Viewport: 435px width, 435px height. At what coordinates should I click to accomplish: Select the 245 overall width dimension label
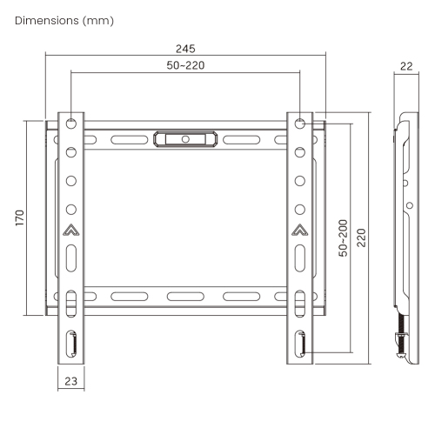(184, 49)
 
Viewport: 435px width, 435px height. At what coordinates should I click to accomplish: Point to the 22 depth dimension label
(407, 65)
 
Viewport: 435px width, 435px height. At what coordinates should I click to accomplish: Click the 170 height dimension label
(19, 217)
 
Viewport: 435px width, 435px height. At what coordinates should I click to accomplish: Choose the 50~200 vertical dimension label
(344, 238)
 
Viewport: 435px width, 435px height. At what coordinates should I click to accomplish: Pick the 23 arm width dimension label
(71, 380)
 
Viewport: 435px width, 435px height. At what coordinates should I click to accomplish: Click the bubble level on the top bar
(184, 138)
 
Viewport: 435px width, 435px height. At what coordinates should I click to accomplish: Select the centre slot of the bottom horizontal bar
(184, 295)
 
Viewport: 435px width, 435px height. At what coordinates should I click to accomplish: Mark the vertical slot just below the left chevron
(71, 259)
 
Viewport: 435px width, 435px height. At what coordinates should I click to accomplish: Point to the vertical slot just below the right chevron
(299, 259)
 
